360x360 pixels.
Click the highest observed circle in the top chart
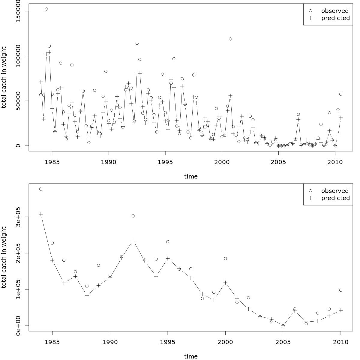(46, 9)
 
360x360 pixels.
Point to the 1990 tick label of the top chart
(109, 162)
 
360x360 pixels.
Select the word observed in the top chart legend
(335, 11)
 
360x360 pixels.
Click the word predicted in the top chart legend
(335, 18)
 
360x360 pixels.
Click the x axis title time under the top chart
(191, 176)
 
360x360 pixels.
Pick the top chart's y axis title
(4, 77)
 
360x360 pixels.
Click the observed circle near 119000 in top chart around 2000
(230, 39)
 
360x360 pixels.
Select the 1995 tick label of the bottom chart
(168, 342)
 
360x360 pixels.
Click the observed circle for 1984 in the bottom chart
(41, 189)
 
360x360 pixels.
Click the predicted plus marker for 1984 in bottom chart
(41, 214)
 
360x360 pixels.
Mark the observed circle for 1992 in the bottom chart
(133, 216)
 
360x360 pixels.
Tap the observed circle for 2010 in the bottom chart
(341, 290)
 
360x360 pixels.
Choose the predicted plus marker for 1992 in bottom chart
(133, 240)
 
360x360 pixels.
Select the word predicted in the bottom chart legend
(335, 198)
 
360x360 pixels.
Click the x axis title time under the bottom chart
(191, 356)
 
